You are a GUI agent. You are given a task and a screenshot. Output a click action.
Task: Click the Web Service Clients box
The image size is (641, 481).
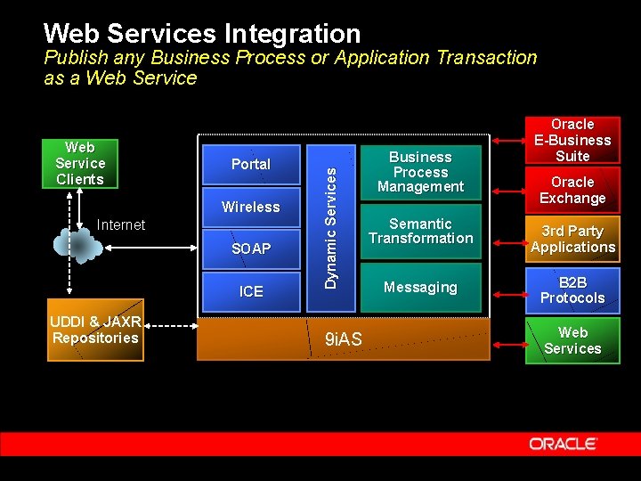tap(80, 163)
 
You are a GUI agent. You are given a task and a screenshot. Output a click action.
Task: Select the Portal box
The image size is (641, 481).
tap(250, 164)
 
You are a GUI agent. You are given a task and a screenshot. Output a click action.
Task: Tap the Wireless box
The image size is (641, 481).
tap(250, 207)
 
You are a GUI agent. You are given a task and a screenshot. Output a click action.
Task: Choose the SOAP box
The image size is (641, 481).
tap(250, 249)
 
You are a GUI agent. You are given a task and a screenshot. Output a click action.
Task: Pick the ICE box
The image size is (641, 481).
tap(250, 291)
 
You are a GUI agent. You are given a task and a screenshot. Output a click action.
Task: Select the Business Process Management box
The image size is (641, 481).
tap(420, 172)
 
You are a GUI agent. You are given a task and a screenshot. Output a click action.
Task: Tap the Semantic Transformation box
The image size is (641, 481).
tap(420, 232)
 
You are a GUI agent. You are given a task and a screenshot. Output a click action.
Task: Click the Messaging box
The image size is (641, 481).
tap(420, 288)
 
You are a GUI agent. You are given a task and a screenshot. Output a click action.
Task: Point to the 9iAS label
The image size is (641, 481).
tap(343, 339)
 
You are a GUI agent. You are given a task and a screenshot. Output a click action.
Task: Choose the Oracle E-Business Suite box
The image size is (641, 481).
tap(572, 140)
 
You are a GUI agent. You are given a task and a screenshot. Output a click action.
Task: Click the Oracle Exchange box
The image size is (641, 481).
tap(572, 190)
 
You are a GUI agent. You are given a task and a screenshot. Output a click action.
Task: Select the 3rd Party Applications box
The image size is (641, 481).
tap(572, 239)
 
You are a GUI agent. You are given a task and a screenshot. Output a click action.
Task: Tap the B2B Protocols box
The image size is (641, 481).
tap(572, 290)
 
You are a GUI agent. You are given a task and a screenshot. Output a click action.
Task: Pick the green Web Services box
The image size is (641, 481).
tap(572, 340)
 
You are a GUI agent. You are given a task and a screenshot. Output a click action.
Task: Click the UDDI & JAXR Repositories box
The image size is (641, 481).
tap(95, 330)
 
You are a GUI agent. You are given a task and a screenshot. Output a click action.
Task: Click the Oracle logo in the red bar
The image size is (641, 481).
tap(563, 444)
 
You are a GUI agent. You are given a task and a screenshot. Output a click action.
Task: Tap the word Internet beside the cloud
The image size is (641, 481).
tap(121, 225)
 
